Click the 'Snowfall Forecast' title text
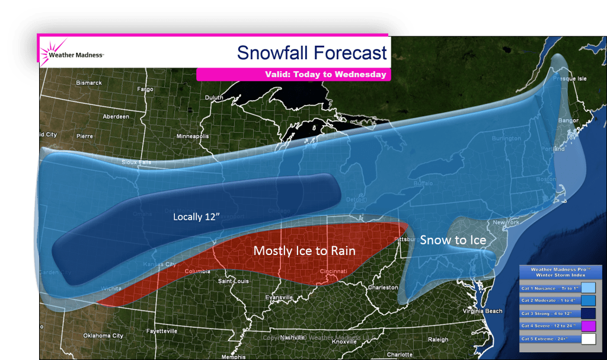click(x=312, y=53)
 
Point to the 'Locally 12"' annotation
click(x=196, y=217)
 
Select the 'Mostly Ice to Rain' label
click(x=304, y=251)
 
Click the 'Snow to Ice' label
click(x=453, y=240)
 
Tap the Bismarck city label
click(x=89, y=83)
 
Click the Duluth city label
click(x=213, y=97)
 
